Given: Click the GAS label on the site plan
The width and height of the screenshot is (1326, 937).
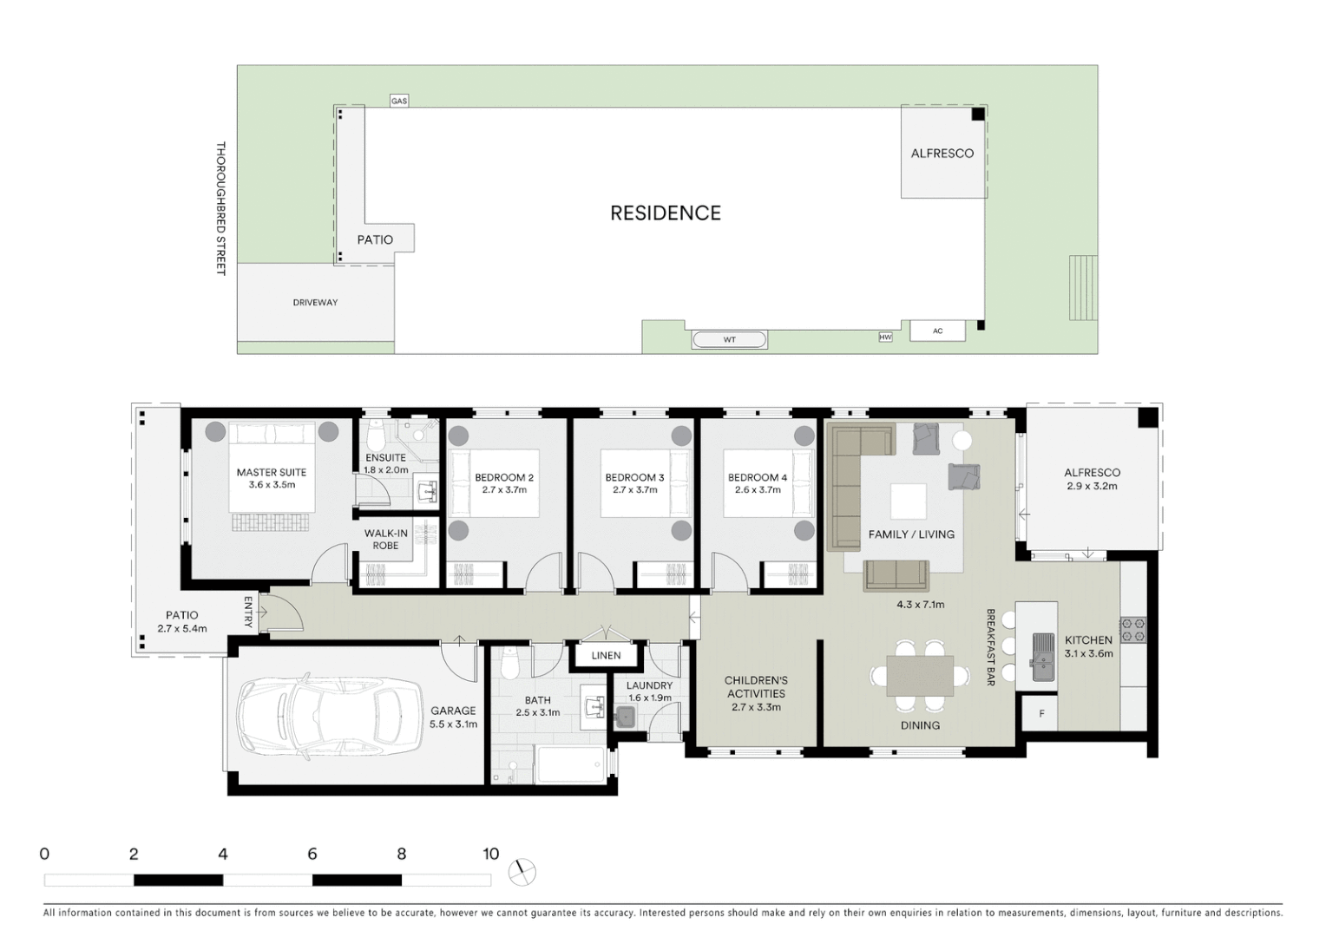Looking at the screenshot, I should click(x=398, y=101).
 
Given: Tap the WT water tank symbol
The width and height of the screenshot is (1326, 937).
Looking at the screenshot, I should click(x=729, y=339).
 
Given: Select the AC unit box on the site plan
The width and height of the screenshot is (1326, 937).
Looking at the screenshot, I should click(x=937, y=331).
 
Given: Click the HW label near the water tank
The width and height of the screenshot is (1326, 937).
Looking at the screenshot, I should click(x=885, y=337).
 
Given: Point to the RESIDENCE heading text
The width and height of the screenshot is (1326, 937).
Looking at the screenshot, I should click(x=665, y=213).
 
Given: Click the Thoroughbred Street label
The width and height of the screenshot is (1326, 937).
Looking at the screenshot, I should click(x=220, y=208).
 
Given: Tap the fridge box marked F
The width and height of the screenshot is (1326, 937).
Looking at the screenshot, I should click(x=1041, y=713).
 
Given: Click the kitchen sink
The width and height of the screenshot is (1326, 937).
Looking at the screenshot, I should click(x=1042, y=657).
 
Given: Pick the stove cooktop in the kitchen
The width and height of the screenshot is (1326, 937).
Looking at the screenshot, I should click(x=1133, y=630).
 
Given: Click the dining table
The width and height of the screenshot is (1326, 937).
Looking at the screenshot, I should click(x=920, y=676).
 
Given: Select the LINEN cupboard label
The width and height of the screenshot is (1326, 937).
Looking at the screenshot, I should click(x=606, y=655).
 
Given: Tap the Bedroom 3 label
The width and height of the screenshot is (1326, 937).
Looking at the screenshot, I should click(x=634, y=477).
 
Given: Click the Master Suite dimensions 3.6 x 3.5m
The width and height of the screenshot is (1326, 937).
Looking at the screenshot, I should click(x=272, y=485).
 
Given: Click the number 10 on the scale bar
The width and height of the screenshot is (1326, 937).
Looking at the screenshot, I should click(x=490, y=854).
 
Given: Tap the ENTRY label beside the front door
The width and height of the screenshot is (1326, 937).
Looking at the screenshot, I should click(x=248, y=611).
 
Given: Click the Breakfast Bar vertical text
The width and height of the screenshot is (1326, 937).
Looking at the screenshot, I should click(x=989, y=647).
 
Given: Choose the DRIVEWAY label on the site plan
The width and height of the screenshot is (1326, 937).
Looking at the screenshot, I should click(x=315, y=302).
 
